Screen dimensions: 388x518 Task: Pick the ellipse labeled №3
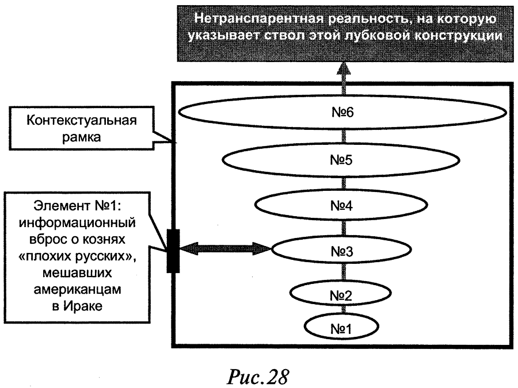345,251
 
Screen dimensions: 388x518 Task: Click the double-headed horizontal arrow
224,249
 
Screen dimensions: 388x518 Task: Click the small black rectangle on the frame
172,250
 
